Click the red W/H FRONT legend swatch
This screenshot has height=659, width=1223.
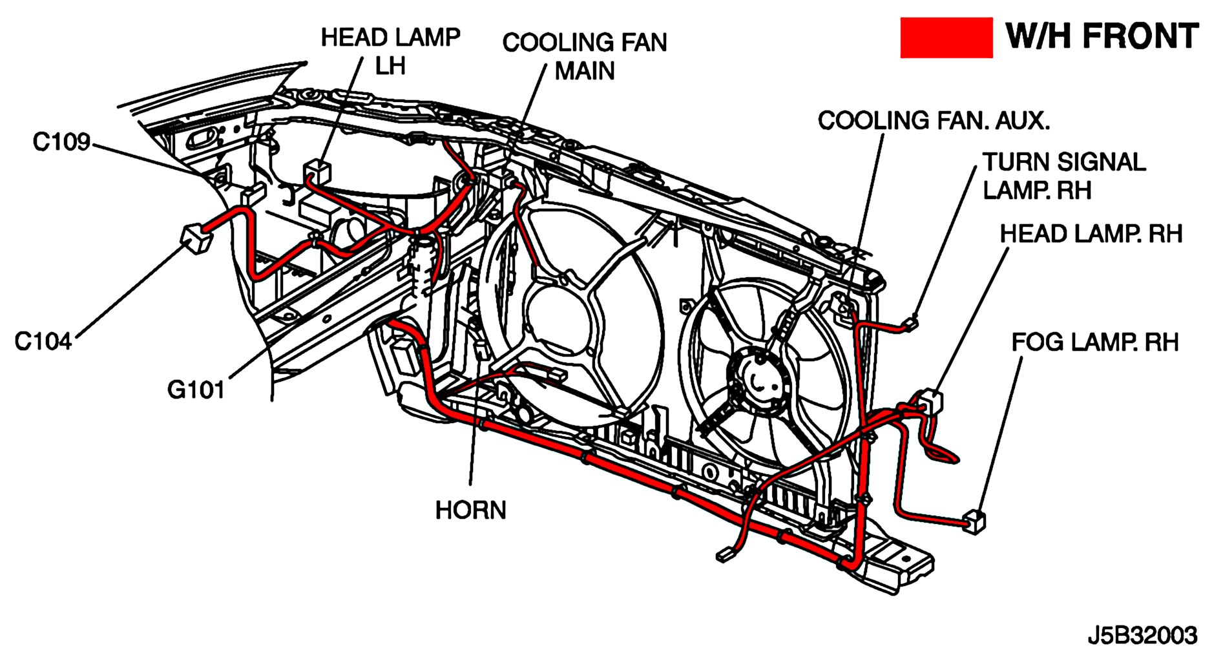[x=946, y=37]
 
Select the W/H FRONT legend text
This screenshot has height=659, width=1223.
[x=1102, y=36]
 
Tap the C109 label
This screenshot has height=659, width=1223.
[x=61, y=142]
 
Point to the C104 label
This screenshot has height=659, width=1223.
[x=43, y=341]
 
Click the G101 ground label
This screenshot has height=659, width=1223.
[x=196, y=390]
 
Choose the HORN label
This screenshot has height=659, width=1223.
[x=470, y=510]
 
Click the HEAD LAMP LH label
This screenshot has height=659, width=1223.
[x=390, y=51]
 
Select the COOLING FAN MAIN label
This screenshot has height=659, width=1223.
[x=584, y=56]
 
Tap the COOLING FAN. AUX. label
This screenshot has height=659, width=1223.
[x=934, y=121]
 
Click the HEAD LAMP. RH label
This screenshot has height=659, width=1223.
[x=1091, y=234]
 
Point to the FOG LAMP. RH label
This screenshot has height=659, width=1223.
[x=1094, y=342]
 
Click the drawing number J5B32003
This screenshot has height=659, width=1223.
[x=1142, y=636]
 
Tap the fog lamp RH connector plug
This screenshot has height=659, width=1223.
[x=974, y=521]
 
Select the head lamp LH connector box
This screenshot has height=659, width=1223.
[x=317, y=171]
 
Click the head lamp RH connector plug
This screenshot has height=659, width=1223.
[x=930, y=400]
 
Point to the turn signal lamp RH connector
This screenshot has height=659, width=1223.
[x=911, y=323]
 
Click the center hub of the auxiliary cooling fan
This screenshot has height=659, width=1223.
[x=759, y=381]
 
